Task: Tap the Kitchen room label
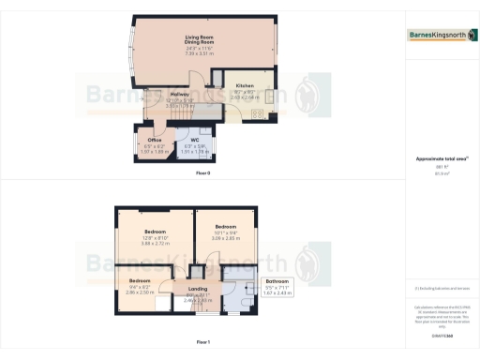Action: pyautogui.click(x=245, y=85)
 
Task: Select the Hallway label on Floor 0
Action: pyautogui.click(x=180, y=95)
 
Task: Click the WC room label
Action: pyautogui.click(x=194, y=140)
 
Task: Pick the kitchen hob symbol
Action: pyautogui.click(x=269, y=95)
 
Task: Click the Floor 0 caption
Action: pyautogui.click(x=203, y=173)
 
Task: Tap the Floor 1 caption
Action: pyautogui.click(x=203, y=342)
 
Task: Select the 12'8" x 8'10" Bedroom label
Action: pyautogui.click(x=156, y=231)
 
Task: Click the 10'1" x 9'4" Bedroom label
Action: pyautogui.click(x=226, y=227)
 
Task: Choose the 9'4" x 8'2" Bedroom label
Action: pyautogui.click(x=140, y=280)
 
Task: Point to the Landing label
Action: pyautogui.click(x=198, y=289)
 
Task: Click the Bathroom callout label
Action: pyautogui.click(x=276, y=280)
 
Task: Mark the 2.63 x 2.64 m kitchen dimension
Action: pyautogui.click(x=245, y=96)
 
